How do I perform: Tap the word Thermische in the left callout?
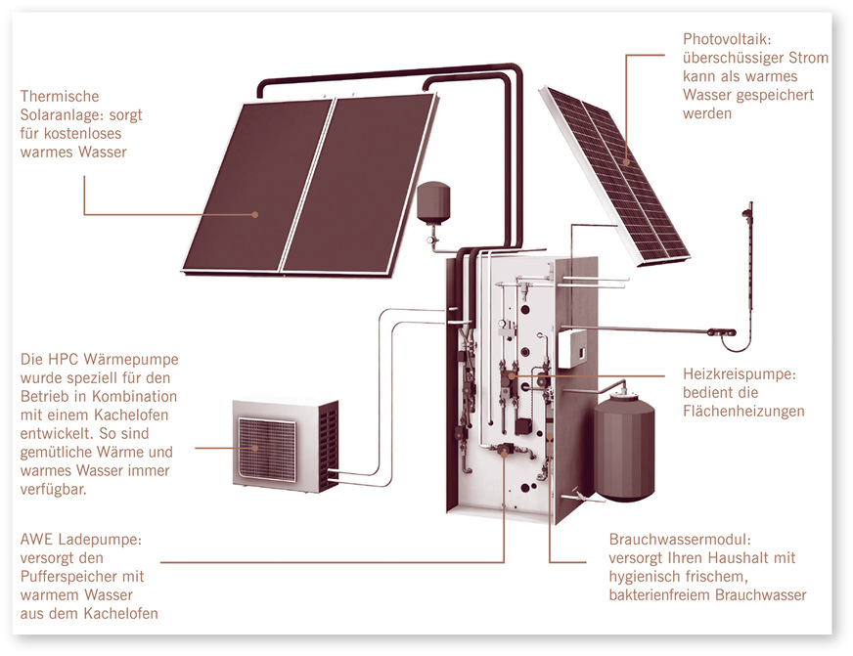tap(60, 97)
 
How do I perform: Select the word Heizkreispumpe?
tap(739, 374)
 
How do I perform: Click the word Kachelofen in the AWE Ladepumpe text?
tap(121, 613)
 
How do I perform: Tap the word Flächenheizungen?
tap(743, 412)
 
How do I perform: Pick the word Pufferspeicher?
tap(68, 577)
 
